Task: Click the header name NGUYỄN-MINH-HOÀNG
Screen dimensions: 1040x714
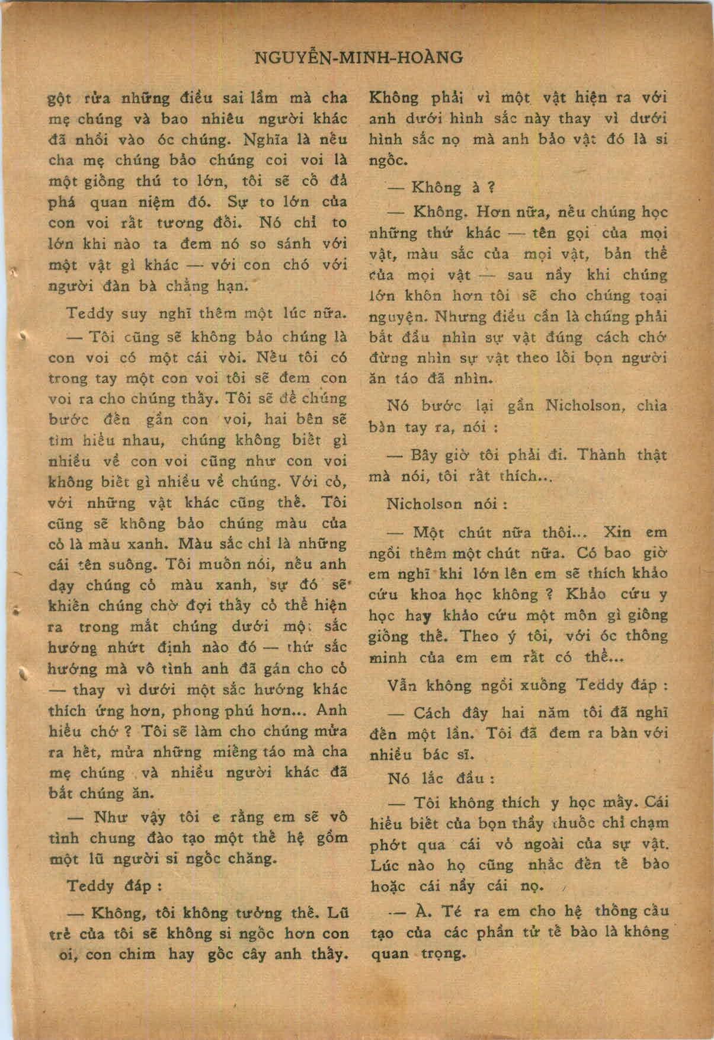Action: coord(357,57)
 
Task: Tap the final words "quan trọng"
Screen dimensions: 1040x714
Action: coord(418,953)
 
